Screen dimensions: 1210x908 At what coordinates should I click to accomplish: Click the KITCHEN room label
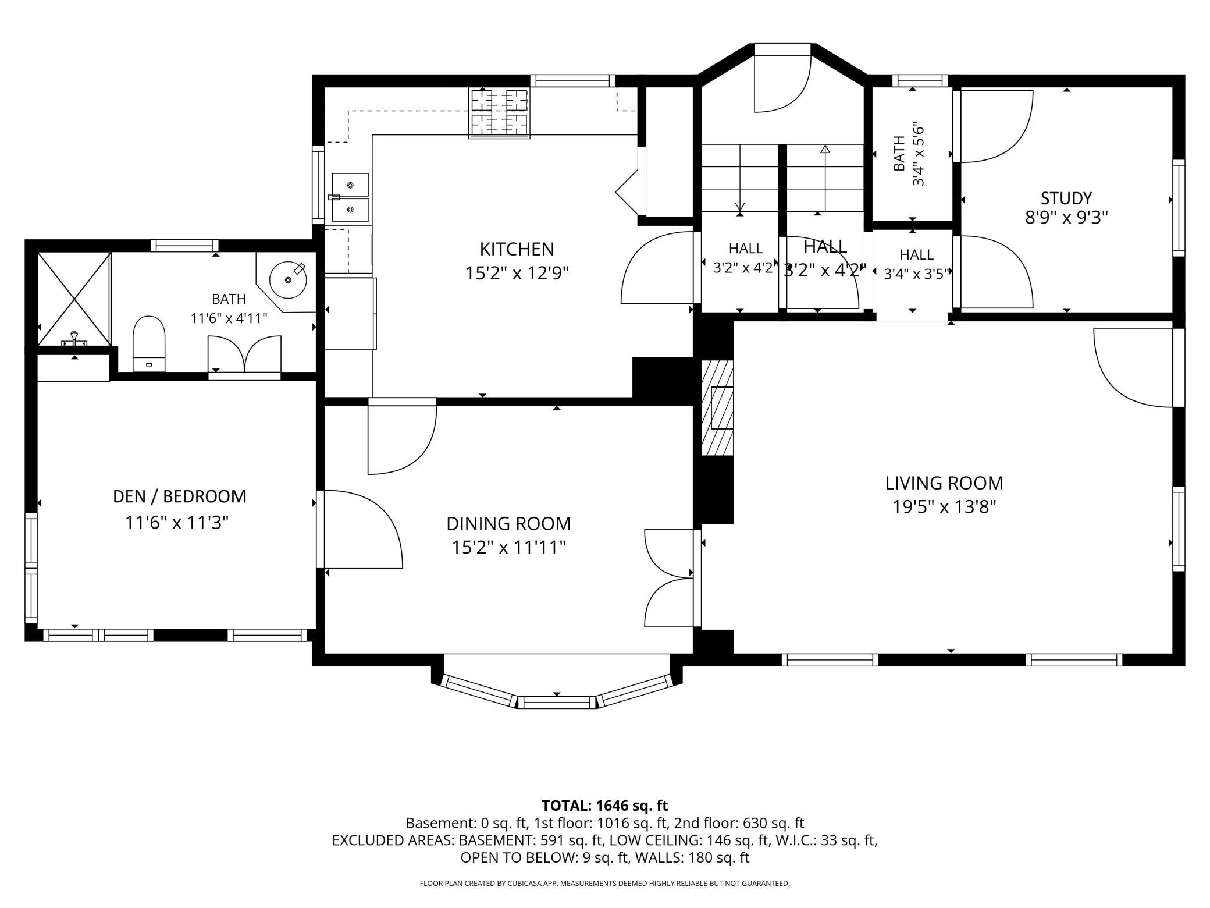(x=517, y=249)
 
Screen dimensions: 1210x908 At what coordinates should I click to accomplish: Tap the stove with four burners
(x=499, y=113)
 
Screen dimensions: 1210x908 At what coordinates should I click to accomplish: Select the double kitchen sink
(x=350, y=198)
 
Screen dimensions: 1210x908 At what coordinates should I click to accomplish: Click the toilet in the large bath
(x=149, y=343)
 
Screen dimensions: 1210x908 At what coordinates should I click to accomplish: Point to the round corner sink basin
(x=288, y=279)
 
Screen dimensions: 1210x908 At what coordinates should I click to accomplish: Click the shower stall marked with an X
(x=74, y=299)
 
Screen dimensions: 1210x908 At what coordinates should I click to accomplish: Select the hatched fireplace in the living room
(x=717, y=407)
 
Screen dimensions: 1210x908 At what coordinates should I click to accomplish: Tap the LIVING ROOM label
(x=944, y=483)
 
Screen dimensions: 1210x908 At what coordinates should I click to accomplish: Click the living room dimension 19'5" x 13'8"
(x=945, y=507)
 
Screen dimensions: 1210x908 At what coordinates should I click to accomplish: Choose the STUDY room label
(x=1066, y=198)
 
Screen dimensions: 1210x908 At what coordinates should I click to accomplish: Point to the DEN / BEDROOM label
(x=180, y=496)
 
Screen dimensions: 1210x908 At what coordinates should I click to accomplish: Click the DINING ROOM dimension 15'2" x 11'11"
(x=509, y=548)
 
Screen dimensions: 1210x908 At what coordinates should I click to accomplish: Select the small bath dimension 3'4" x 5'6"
(x=918, y=154)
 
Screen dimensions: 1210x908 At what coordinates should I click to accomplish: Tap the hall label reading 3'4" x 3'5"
(x=916, y=274)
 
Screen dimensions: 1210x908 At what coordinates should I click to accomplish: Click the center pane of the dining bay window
(x=557, y=701)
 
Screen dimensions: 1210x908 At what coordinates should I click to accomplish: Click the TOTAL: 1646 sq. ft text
(x=604, y=806)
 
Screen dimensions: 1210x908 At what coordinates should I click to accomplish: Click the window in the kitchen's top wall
(x=572, y=81)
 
